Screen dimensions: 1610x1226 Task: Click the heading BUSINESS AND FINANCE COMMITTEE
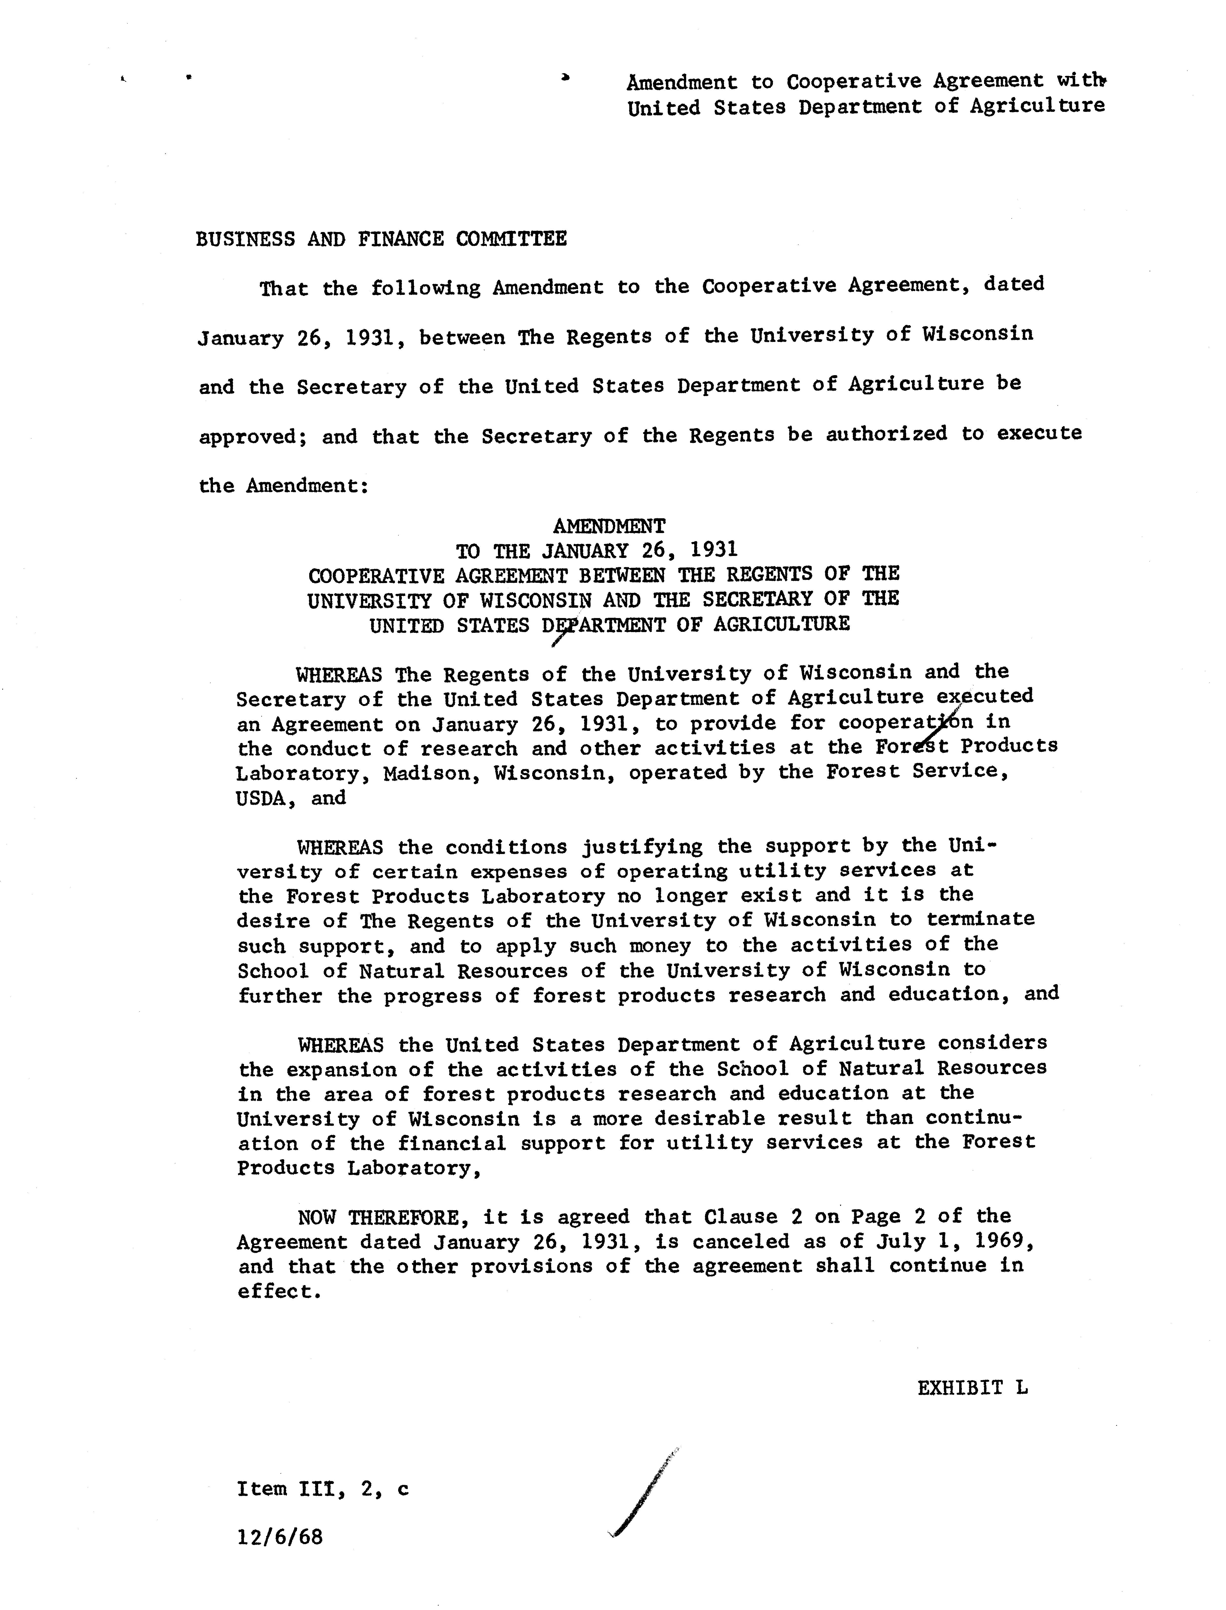tap(381, 239)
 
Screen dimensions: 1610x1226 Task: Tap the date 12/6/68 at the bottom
tap(279, 1537)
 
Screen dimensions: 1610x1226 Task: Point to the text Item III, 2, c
tap(323, 1489)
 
